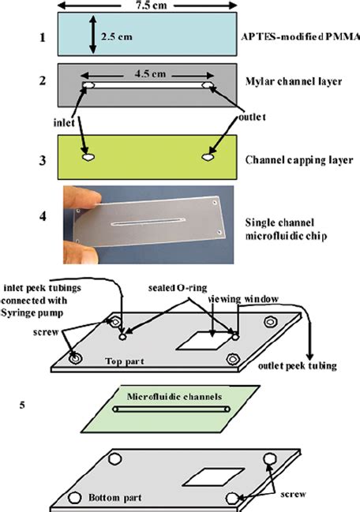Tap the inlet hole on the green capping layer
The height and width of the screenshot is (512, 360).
pyautogui.click(x=88, y=157)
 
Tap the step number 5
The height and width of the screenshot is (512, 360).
pyautogui.click(x=26, y=407)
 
